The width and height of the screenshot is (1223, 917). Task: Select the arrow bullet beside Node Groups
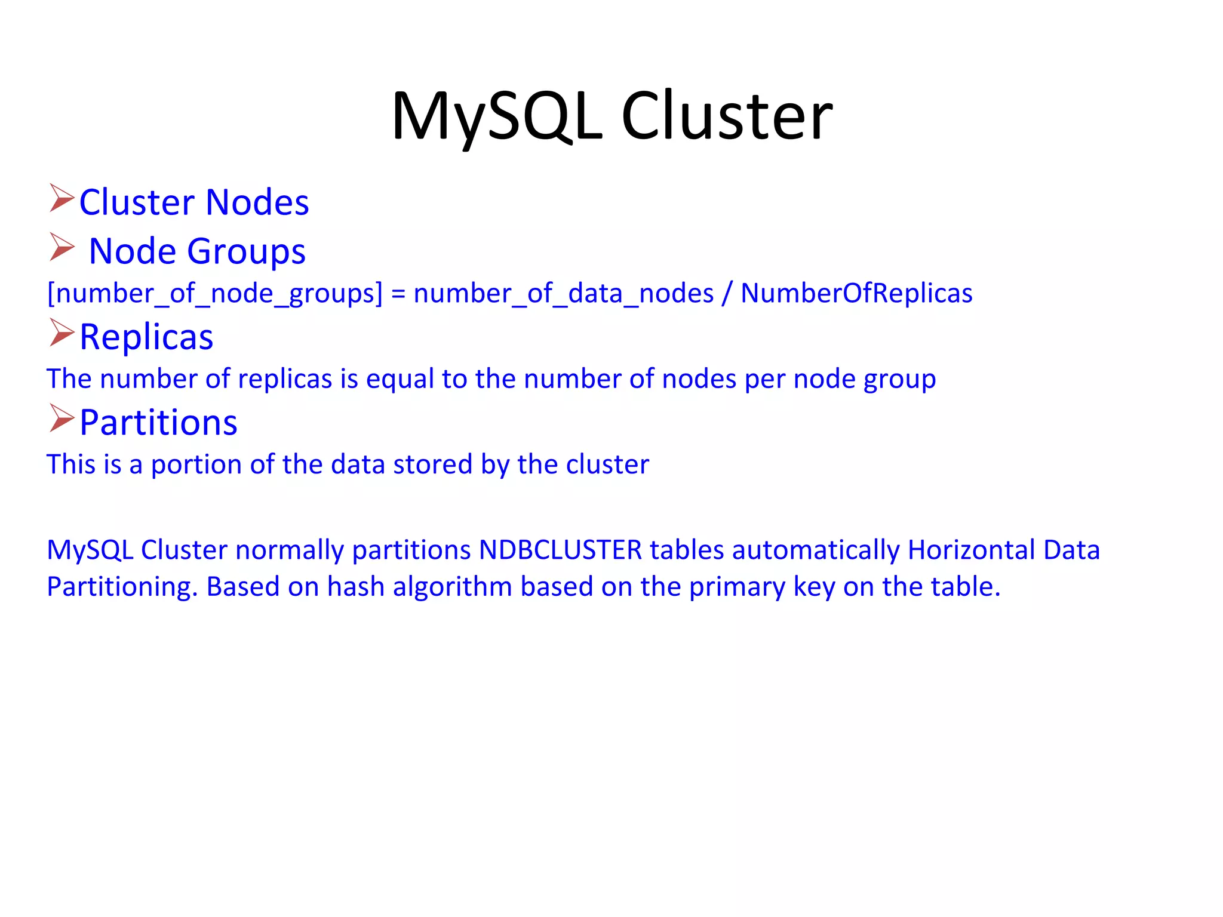(62, 247)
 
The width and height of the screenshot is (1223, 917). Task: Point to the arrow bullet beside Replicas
(62, 333)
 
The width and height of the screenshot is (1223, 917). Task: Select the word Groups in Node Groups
(246, 251)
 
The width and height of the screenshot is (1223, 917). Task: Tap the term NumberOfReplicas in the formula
(856, 293)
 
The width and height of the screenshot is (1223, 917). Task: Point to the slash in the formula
(727, 293)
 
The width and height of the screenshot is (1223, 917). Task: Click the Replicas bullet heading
(146, 337)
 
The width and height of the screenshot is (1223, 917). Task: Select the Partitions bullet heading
(158, 423)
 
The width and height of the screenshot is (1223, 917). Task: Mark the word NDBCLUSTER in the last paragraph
(560, 550)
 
